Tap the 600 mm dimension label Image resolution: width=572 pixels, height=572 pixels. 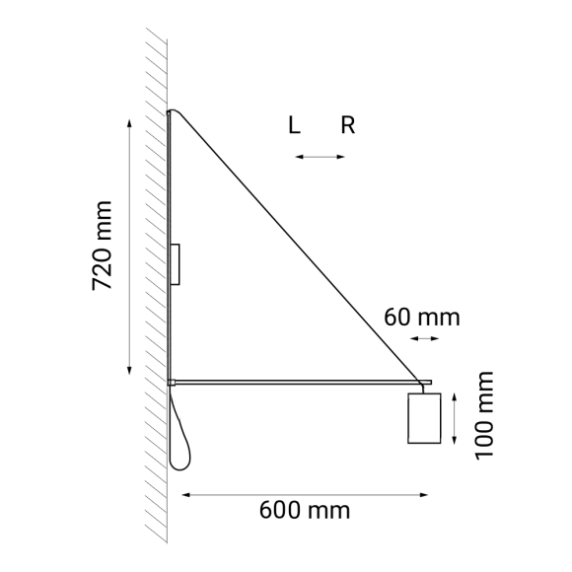coord(305,510)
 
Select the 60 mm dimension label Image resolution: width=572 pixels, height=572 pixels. coord(422,318)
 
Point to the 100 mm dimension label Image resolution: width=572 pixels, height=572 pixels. coord(483,415)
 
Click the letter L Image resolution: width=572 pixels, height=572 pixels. coord(294,125)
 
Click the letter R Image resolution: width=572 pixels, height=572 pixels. coord(347,125)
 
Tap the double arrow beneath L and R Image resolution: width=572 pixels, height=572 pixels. coord(321,156)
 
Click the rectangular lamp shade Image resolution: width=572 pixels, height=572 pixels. coord(423,418)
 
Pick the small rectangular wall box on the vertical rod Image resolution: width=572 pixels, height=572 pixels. coord(176,264)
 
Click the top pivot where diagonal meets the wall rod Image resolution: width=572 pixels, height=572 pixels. coord(171,113)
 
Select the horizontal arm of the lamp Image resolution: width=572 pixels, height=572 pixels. coord(296,381)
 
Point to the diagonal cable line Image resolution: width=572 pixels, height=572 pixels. coord(296,246)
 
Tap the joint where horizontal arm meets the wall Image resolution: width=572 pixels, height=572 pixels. coord(171,381)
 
